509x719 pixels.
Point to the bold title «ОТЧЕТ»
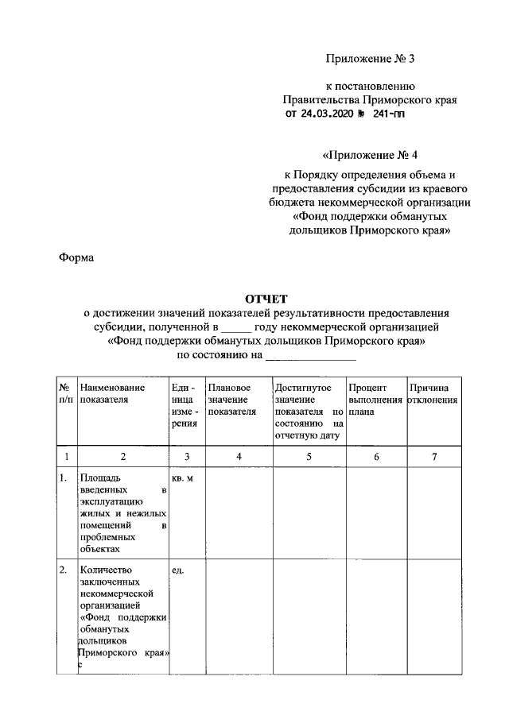(266, 300)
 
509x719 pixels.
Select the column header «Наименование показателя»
(112, 393)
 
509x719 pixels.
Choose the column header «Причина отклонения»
(433, 393)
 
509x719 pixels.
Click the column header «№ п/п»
(66, 393)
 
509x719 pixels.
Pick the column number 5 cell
(308, 456)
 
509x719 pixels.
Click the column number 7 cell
(433, 456)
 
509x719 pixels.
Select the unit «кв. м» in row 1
(182, 478)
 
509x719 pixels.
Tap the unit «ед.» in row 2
(177, 570)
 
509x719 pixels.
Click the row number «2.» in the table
(64, 570)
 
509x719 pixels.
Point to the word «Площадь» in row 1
(99, 478)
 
